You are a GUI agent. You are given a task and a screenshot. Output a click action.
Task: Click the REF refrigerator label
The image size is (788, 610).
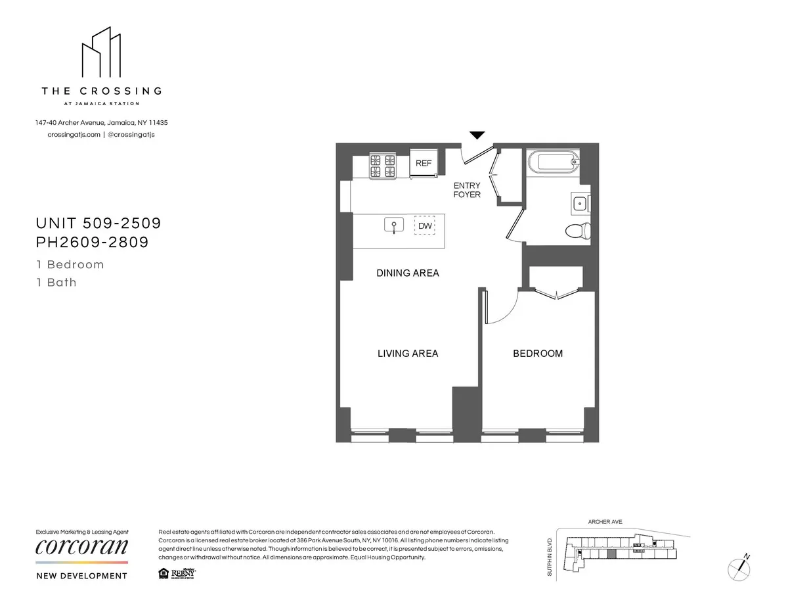pos(424,163)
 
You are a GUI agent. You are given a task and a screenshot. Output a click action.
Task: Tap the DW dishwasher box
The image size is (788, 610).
pos(425,226)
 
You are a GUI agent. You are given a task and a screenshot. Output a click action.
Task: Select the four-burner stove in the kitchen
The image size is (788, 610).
pos(383,166)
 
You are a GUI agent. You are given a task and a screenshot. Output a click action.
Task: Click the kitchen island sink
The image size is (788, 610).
pos(393,225)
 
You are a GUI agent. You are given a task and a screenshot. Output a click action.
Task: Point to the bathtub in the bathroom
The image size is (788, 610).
pos(553,160)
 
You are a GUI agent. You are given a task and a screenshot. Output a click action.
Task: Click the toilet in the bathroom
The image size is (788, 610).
pos(579,231)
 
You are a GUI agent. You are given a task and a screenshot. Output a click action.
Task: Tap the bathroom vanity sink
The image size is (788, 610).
pos(580,204)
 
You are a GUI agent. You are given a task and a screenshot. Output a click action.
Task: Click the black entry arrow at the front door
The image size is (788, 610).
pos(477,135)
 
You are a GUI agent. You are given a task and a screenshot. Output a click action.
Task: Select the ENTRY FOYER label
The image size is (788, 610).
pos(467,190)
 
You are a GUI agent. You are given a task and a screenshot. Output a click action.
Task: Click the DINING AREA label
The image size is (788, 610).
pos(407,273)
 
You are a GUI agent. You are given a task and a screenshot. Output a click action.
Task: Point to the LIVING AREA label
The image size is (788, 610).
pos(407,354)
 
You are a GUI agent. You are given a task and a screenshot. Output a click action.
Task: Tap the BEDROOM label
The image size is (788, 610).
pos(538,354)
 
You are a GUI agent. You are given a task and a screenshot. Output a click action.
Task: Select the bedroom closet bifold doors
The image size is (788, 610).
pos(557,293)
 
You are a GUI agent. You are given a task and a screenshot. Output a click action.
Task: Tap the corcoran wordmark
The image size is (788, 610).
pos(81,547)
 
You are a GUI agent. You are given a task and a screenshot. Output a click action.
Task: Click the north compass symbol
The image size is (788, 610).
pos(740,567)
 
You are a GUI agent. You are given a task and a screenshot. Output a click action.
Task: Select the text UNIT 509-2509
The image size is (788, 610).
pos(98,223)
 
